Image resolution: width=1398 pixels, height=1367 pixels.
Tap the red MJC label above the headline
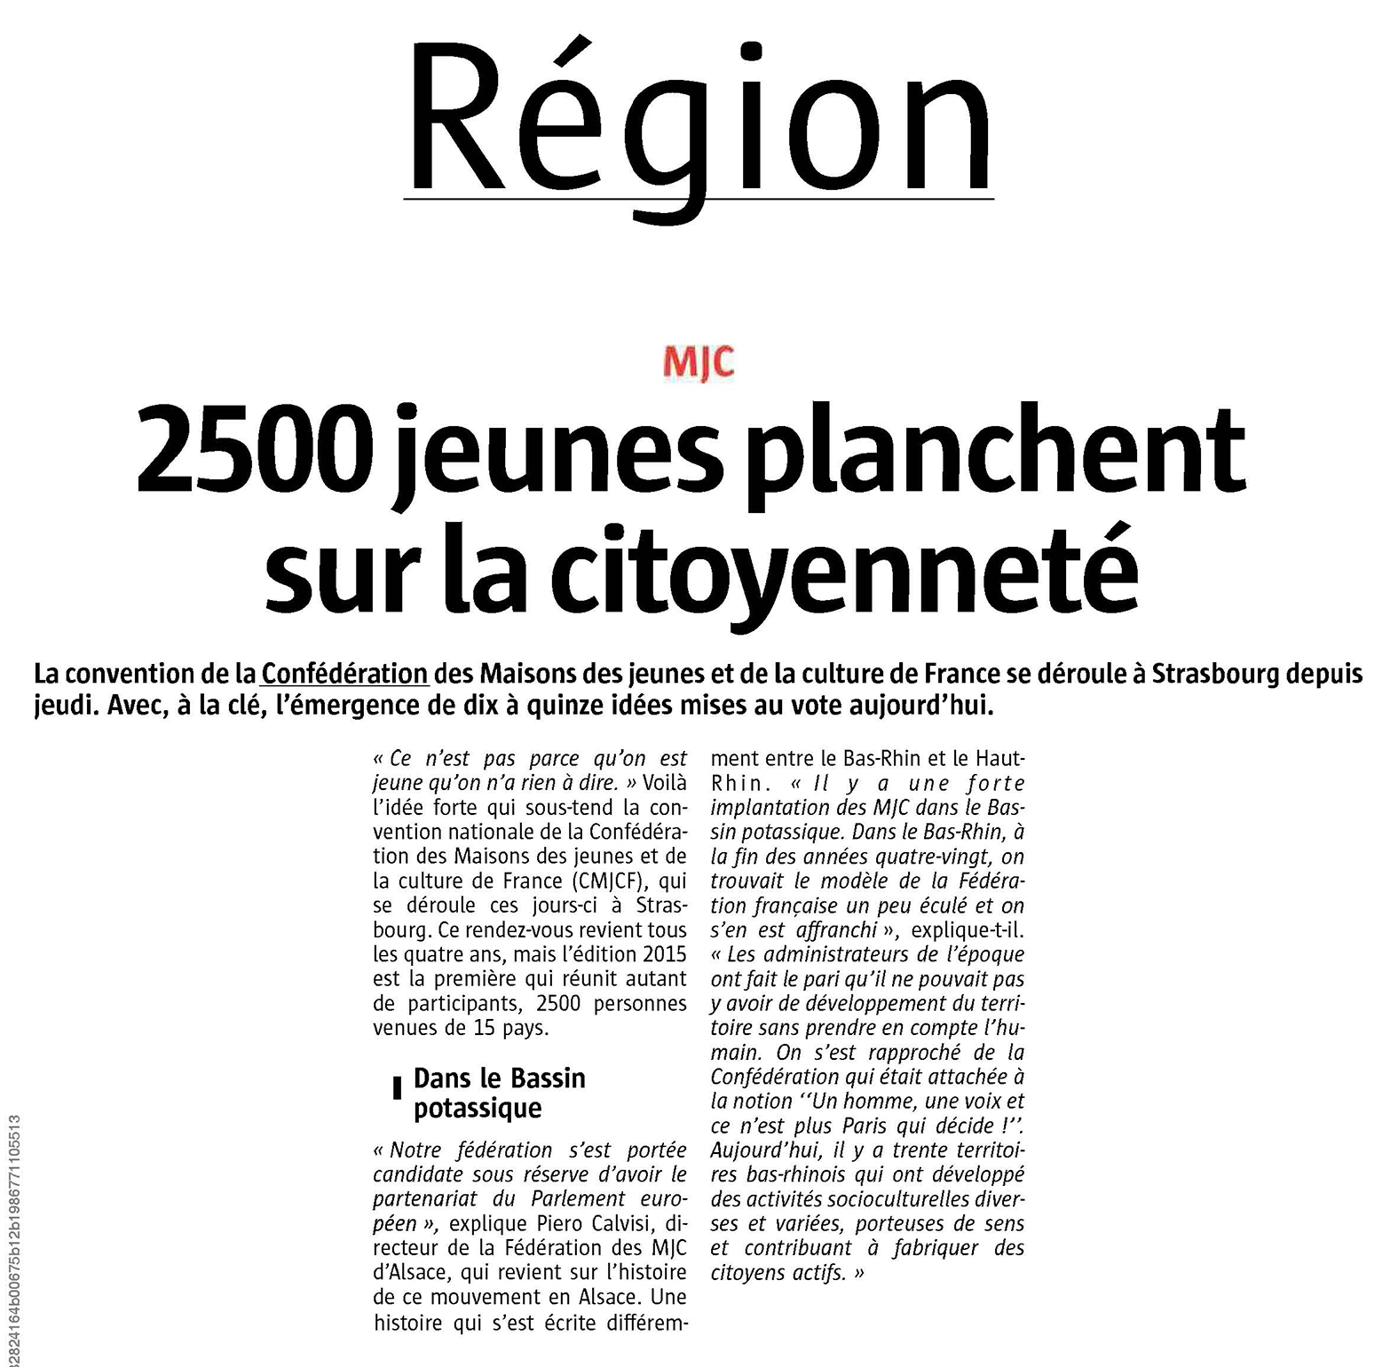(x=699, y=365)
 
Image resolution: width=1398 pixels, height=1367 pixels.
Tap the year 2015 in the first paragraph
(x=662, y=955)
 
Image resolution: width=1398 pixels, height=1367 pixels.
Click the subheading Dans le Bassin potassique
(x=499, y=1094)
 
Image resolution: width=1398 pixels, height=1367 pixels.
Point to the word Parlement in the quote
(x=573, y=1199)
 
